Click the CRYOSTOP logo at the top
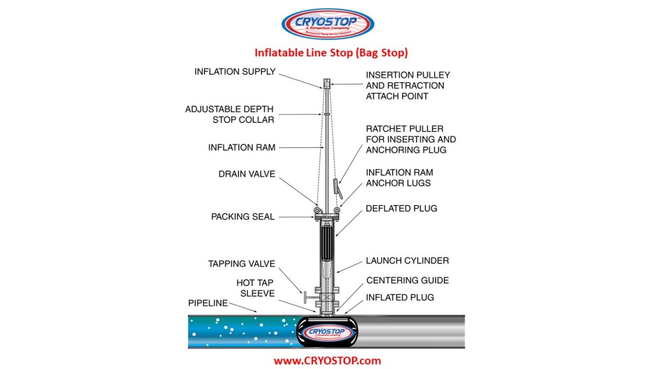pyautogui.click(x=327, y=24)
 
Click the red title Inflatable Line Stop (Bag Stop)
pyautogui.click(x=331, y=53)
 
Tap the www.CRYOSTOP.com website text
pyautogui.click(x=327, y=361)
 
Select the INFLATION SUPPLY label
pyautogui.click(x=235, y=72)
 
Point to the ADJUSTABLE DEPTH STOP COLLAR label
pyautogui.click(x=229, y=114)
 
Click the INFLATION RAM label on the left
pyautogui.click(x=242, y=148)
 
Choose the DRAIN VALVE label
pyautogui.click(x=247, y=174)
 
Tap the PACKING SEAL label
pyautogui.click(x=243, y=217)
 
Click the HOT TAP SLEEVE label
pyautogui.click(x=255, y=288)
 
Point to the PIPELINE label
pyautogui.click(x=208, y=303)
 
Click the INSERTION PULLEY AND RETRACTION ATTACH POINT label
pyautogui.click(x=407, y=85)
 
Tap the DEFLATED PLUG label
pyautogui.click(x=401, y=209)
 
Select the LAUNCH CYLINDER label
pyautogui.click(x=407, y=261)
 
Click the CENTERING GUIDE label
pyautogui.click(x=407, y=280)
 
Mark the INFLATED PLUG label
pyautogui.click(x=400, y=297)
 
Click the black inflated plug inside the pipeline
pyautogui.click(x=326, y=331)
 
